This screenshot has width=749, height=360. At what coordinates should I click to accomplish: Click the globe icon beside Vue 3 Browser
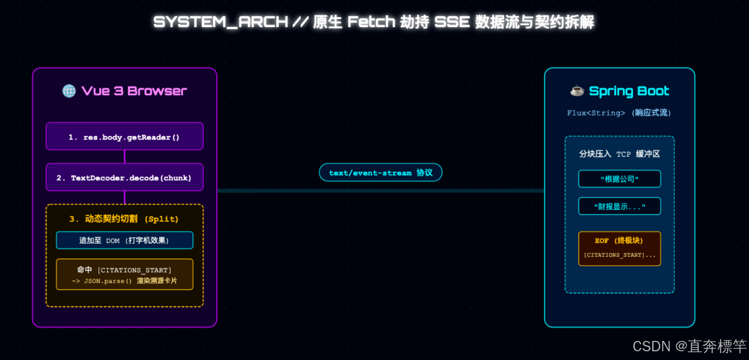pyautogui.click(x=69, y=91)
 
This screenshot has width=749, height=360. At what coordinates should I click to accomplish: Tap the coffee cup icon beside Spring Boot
pyautogui.click(x=577, y=91)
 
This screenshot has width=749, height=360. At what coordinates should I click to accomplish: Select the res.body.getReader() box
pyautogui.click(x=125, y=136)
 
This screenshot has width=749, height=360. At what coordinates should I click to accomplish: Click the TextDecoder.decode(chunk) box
pyautogui.click(x=125, y=177)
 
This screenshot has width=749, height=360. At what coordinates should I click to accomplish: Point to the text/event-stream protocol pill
pyautogui.click(x=381, y=172)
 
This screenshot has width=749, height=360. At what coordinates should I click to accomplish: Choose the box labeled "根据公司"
pyautogui.click(x=619, y=179)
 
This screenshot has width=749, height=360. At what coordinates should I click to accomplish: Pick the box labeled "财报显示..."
pyautogui.click(x=619, y=206)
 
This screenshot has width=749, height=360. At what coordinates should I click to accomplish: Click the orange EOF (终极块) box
pyautogui.click(x=619, y=248)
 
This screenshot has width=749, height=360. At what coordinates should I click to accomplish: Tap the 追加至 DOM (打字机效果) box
pyautogui.click(x=125, y=240)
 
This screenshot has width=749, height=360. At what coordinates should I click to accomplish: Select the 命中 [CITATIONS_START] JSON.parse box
pyautogui.click(x=125, y=274)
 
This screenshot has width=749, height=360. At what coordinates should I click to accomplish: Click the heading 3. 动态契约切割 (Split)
pyautogui.click(x=124, y=219)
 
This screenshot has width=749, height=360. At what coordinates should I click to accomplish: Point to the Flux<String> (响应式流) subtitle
pyautogui.click(x=619, y=113)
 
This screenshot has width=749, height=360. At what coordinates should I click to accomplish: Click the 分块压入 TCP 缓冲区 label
pyautogui.click(x=619, y=154)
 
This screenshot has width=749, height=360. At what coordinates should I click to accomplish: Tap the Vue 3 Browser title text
pyautogui.click(x=134, y=91)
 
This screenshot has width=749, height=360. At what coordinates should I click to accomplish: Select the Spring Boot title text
pyautogui.click(x=629, y=91)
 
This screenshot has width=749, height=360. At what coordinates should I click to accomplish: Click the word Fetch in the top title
pyautogui.click(x=371, y=22)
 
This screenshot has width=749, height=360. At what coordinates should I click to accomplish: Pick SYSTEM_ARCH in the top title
pyautogui.click(x=221, y=22)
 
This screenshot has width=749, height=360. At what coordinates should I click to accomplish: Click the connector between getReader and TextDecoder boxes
pyautogui.click(x=125, y=157)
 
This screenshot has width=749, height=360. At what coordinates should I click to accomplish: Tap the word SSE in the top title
pyautogui.click(x=452, y=22)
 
